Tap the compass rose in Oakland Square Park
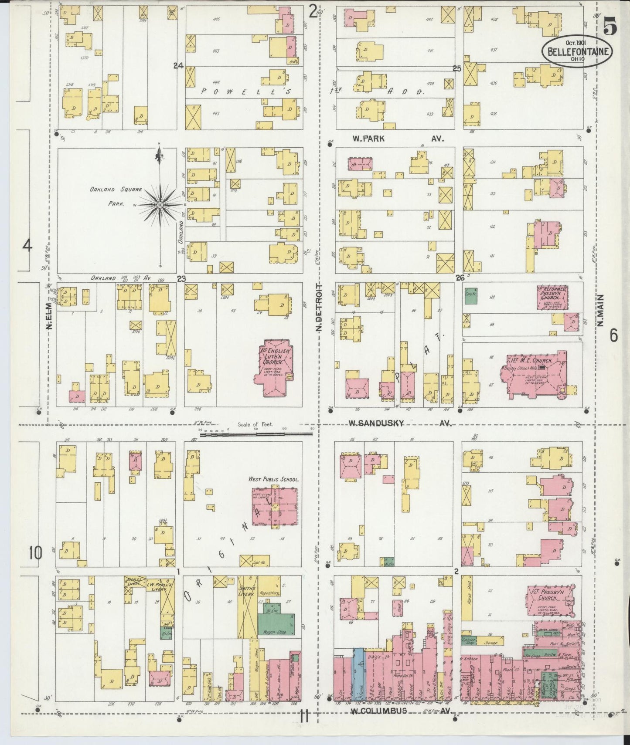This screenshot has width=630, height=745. (160, 205)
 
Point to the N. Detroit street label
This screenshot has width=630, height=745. (319, 307)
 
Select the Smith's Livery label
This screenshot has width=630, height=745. (247, 591)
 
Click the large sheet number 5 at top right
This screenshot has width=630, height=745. (610, 28)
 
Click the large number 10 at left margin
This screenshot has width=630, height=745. (36, 553)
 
